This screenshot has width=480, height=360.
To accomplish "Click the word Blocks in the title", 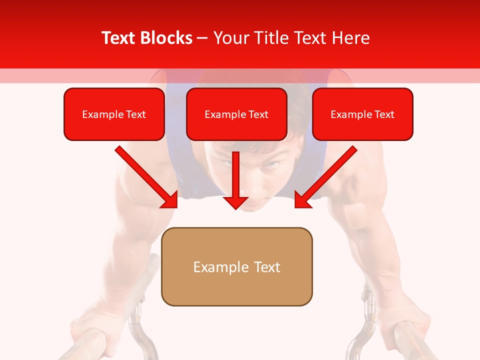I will (x=166, y=38).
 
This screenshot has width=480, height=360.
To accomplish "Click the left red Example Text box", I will (x=114, y=114).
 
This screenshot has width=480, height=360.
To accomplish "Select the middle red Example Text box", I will (x=236, y=114).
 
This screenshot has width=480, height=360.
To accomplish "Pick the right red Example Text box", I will (x=362, y=114).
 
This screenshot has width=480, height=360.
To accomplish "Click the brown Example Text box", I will (x=236, y=266).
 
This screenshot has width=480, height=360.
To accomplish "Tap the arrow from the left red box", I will (x=145, y=176).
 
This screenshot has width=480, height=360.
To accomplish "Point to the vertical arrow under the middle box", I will (x=235, y=175).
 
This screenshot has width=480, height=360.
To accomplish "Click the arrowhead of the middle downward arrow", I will (x=235, y=202).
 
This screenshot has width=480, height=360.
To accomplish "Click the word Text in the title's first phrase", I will (x=119, y=38).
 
